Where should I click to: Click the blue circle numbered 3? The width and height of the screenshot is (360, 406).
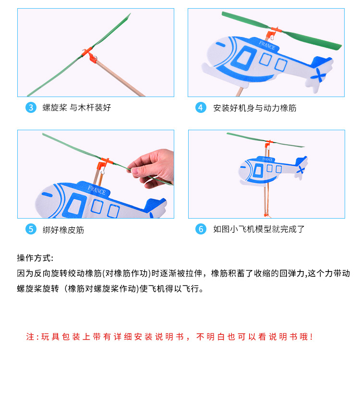click(31, 108)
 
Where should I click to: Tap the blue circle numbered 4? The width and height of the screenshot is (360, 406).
click(201, 108)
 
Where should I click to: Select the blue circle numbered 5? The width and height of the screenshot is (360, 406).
click(31, 229)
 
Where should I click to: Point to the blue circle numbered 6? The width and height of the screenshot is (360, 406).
click(201, 229)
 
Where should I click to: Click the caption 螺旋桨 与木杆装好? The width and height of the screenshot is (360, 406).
click(77, 108)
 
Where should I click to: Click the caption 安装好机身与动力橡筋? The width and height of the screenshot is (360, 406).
click(255, 108)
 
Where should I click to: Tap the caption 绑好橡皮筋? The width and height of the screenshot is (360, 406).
click(63, 230)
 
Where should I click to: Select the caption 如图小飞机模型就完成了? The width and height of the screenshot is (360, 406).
click(259, 229)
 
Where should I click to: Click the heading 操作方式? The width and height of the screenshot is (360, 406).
click(35, 258)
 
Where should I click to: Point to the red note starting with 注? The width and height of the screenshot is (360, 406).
click(169, 337)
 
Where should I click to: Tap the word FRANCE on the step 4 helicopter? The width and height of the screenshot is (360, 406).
click(267, 46)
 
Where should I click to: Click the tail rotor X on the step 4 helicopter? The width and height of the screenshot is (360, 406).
click(319, 75)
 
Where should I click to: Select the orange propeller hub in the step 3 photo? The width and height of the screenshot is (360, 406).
click(89, 55)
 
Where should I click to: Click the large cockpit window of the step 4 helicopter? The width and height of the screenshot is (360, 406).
click(244, 58)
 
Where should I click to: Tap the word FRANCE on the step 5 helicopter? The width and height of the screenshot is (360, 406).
click(97, 190)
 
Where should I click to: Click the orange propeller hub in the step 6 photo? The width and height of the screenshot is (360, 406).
click(269, 143)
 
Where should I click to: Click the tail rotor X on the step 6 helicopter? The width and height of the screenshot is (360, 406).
click(301, 170)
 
